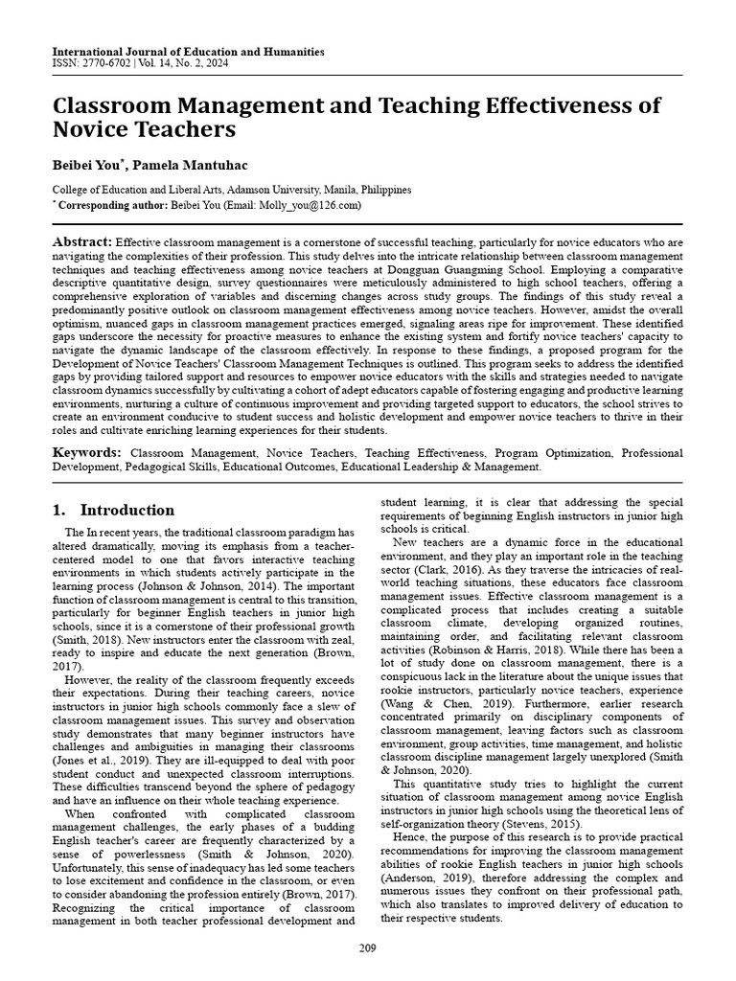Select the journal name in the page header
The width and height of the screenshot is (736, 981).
188,52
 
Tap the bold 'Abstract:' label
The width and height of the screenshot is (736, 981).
82,242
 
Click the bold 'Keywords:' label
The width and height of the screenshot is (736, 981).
87,451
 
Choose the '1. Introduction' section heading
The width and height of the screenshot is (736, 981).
113,510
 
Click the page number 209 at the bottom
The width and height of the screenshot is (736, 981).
368,948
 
